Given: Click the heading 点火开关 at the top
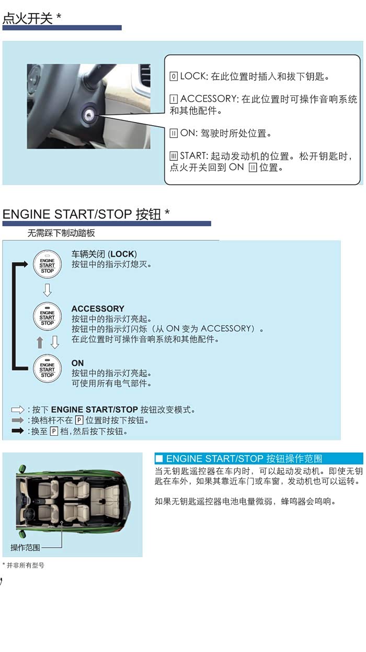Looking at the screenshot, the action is (x=28, y=18).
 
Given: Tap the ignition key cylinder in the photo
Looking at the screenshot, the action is (x=89, y=115).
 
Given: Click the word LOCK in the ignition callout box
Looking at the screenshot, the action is (x=192, y=76).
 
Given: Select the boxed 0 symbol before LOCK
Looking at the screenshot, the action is (x=174, y=76).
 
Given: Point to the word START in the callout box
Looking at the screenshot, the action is (x=192, y=156).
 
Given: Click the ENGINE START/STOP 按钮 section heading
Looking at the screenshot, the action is (x=82, y=214).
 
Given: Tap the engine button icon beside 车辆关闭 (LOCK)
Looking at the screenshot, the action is (x=47, y=264).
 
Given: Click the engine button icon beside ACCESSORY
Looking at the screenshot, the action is (x=47, y=316).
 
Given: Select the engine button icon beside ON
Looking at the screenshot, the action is (x=47, y=369).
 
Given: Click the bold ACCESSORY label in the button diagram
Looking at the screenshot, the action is (x=98, y=308).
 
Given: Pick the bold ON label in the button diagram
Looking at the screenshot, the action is (x=77, y=363).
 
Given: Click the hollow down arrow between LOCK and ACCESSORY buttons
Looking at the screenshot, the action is (x=47, y=290).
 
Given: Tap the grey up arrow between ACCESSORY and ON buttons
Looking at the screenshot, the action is (x=40, y=342).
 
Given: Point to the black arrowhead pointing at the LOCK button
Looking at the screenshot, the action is (x=25, y=264).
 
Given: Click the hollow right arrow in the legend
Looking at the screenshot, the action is (x=18, y=410).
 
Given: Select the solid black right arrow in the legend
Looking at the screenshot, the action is (x=18, y=431).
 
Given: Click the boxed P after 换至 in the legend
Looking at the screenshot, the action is (x=54, y=431).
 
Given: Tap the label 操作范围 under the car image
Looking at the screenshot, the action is (x=25, y=547).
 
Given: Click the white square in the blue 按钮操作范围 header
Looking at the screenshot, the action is (x=159, y=459).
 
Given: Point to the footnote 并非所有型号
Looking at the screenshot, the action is (x=25, y=565).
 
